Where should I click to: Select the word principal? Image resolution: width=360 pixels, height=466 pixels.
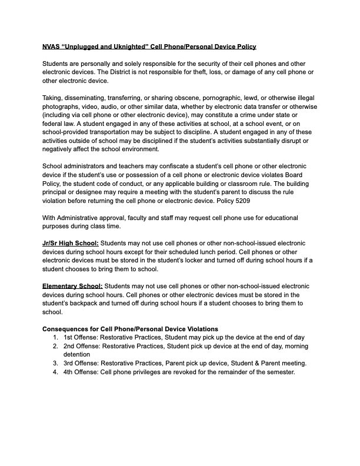point(59,192)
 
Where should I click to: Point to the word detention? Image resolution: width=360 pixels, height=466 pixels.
point(78,355)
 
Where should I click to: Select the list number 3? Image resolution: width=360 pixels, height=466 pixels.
point(55,364)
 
